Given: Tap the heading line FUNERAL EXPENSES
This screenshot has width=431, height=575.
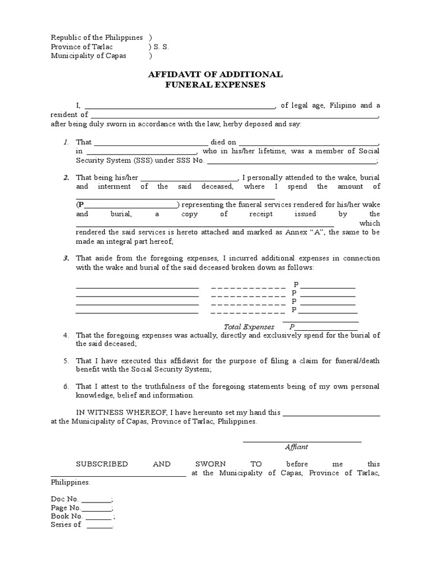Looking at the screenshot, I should coord(215,85).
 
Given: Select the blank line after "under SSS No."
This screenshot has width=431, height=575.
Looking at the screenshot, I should coord(292,161).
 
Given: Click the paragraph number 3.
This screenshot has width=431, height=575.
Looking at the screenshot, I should coord(66,258).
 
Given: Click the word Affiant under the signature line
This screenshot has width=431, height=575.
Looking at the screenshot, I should coord(296,447).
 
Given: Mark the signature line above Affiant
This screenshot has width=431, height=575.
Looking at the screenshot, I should coord(302,441).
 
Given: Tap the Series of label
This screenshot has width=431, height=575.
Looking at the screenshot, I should coord(66,524).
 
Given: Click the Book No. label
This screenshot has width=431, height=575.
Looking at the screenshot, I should coord(67,516).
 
